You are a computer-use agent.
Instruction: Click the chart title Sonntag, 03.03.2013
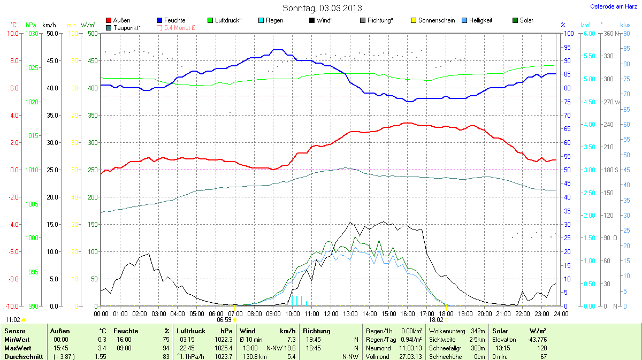tap(322, 8)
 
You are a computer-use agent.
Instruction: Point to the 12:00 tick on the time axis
tap(331, 313)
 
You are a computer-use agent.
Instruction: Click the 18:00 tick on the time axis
tap(446, 313)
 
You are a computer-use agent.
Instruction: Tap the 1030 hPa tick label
tap(32, 34)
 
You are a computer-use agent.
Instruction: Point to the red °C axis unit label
tap(13, 25)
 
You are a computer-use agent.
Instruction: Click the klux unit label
tap(625, 25)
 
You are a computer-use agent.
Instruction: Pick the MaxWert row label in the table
tap(16, 348)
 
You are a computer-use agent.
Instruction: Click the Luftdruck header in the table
tap(191, 331)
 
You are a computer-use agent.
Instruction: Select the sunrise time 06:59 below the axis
tap(224, 319)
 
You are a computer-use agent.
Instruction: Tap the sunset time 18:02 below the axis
tap(436, 319)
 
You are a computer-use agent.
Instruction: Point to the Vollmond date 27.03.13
tap(410, 356)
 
